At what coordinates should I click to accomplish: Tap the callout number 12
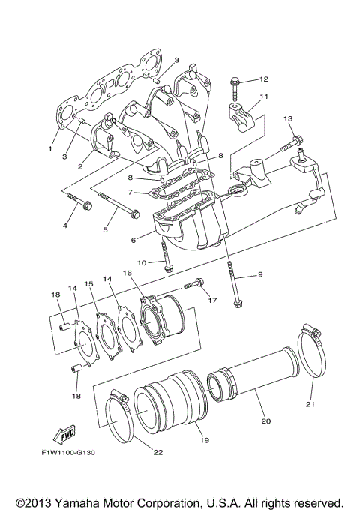pyautogui.click(x=264, y=79)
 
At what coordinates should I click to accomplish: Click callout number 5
pyautogui.click(x=105, y=230)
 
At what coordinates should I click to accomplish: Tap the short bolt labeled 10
pyautogui.click(x=166, y=262)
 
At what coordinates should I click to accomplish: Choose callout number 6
pyautogui.click(x=133, y=241)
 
